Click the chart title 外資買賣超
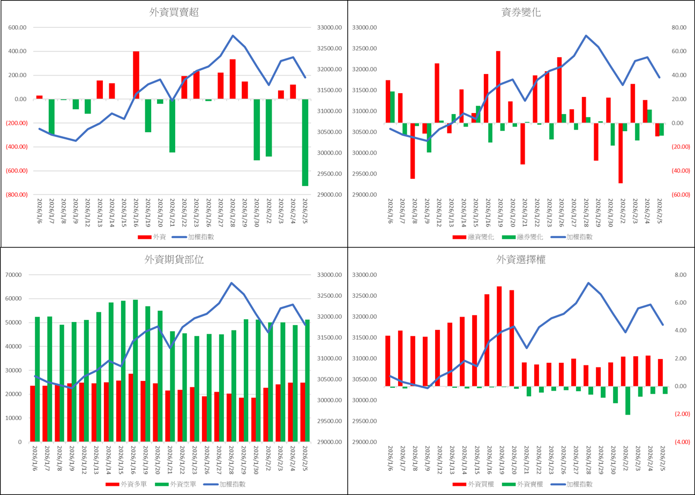click(x=174, y=13)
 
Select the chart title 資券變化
click(x=521, y=13)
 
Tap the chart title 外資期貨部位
click(x=174, y=260)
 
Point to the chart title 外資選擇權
click(x=521, y=260)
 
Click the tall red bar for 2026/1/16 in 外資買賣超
click(x=136, y=75)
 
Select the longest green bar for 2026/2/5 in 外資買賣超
click(x=305, y=142)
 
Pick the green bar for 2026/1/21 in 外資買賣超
click(x=173, y=125)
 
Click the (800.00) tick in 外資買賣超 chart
click(x=17, y=194)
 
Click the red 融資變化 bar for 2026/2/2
click(x=621, y=153)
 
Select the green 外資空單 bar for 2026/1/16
click(x=136, y=371)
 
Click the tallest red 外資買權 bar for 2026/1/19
click(x=499, y=336)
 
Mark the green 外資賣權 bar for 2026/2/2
click(x=627, y=400)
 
